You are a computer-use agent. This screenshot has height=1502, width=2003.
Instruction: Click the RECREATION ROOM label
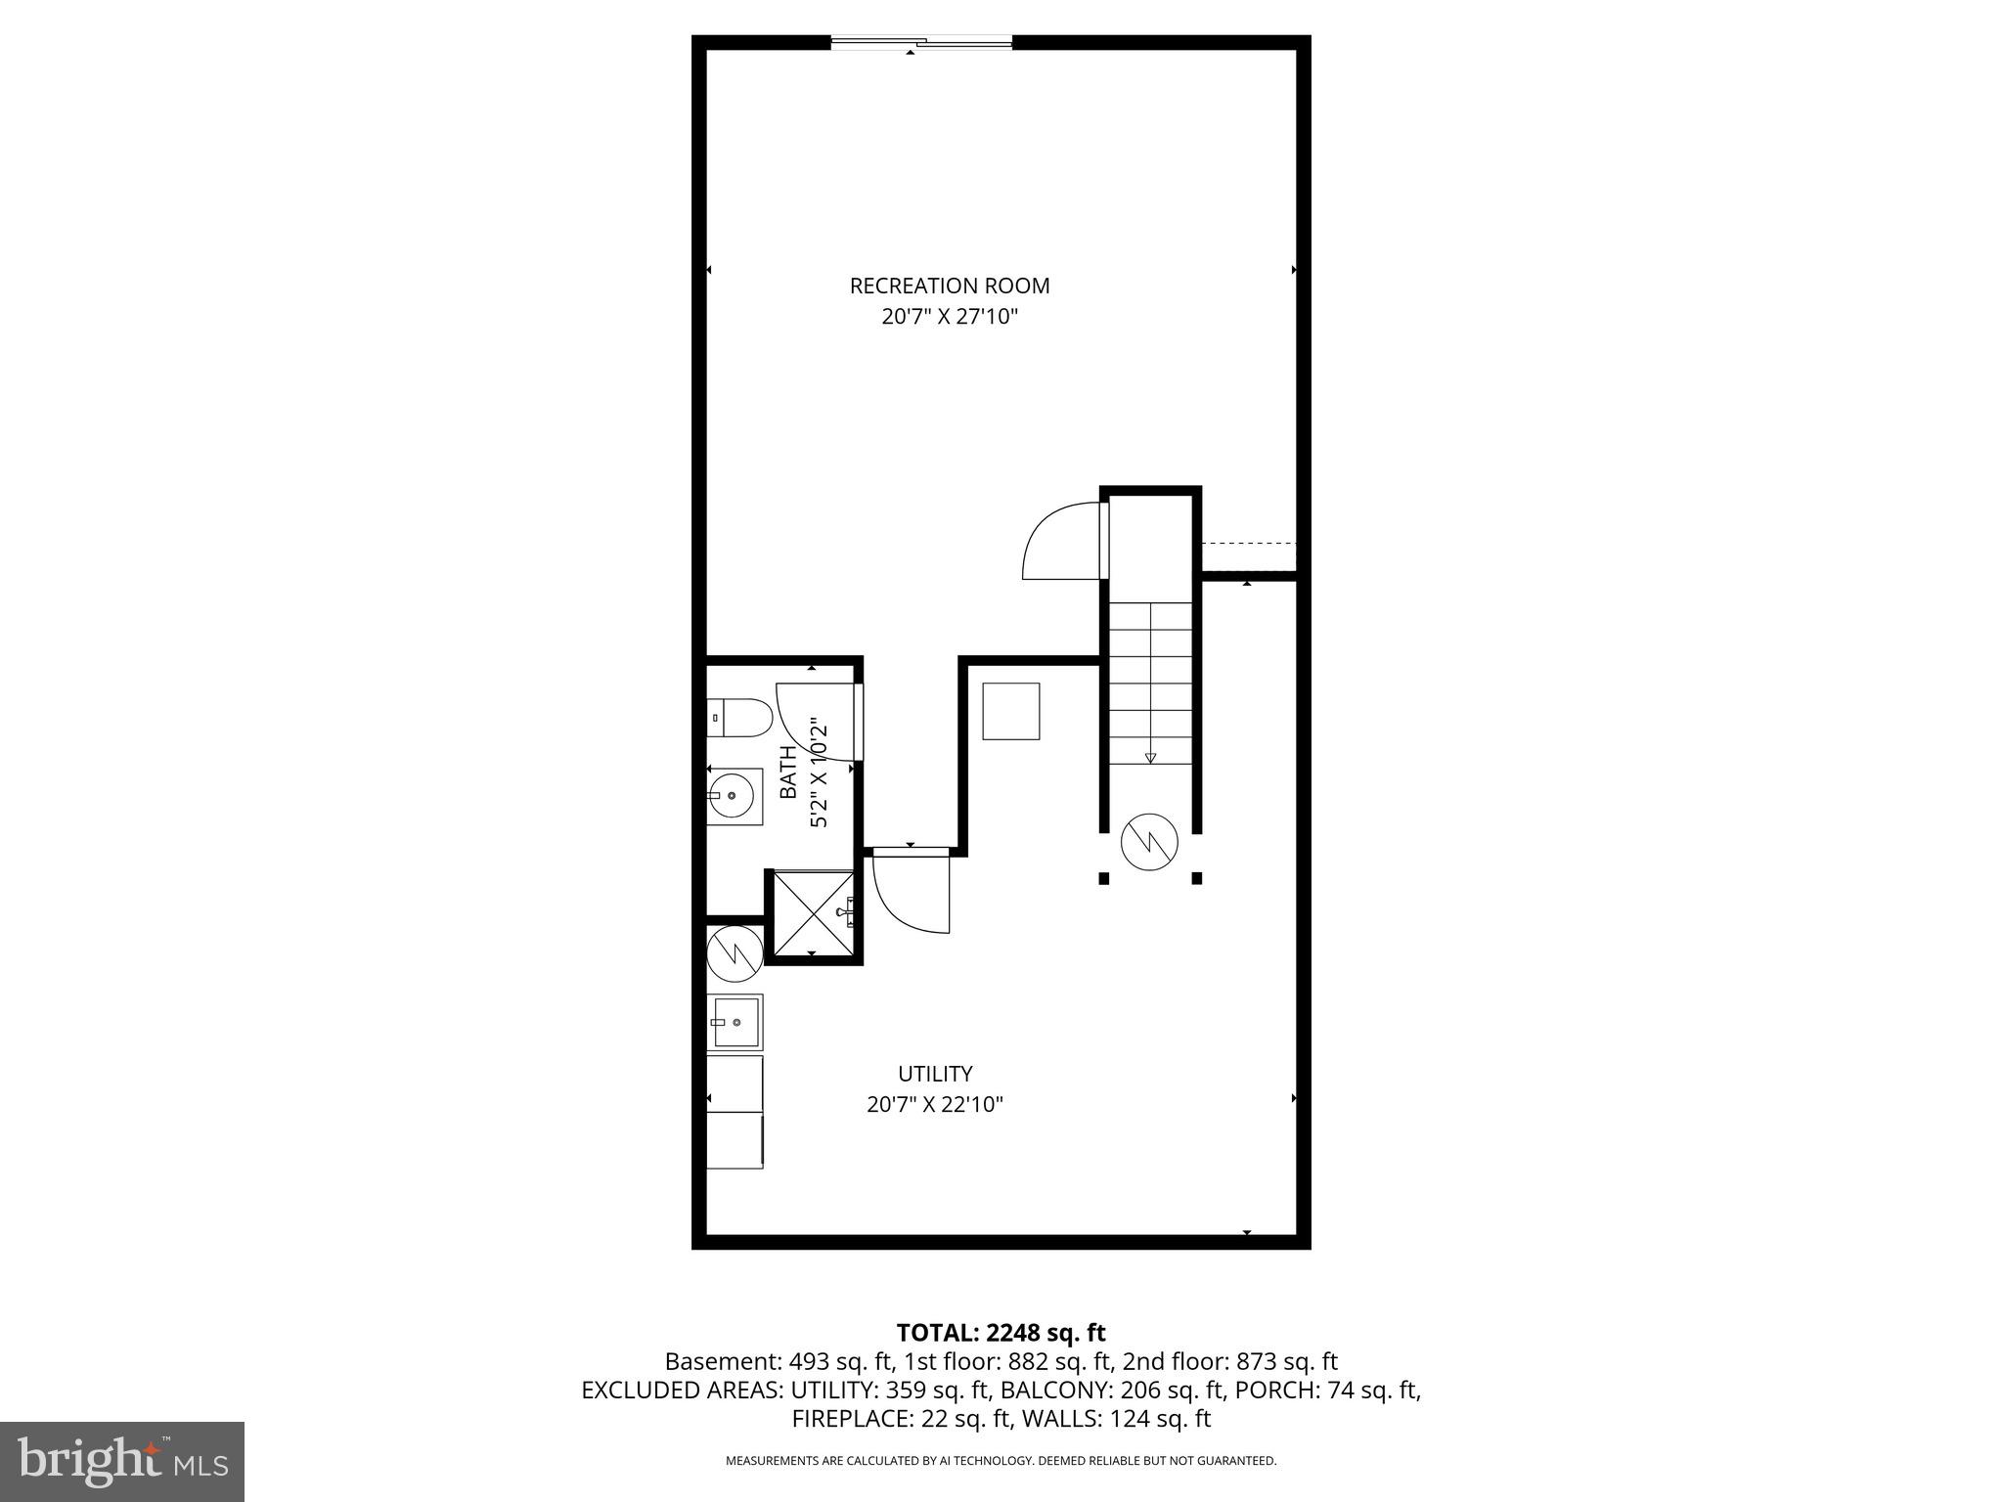point(949,286)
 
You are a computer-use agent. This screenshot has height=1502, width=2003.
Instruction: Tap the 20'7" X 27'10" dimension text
point(949,317)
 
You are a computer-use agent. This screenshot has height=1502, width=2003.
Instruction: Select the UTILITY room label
point(935,1074)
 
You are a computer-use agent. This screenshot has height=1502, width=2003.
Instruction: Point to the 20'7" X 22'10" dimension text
point(935,1105)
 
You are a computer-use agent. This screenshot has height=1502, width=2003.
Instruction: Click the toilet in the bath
point(740,718)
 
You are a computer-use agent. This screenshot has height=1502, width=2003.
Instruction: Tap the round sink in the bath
point(733,796)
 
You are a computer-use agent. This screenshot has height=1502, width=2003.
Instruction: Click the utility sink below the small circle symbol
point(734,1022)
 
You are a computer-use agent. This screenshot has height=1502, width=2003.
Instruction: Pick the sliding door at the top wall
point(920,42)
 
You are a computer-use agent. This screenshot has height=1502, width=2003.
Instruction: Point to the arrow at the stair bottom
point(1150,756)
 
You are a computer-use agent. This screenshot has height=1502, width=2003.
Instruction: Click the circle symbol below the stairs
point(1149,841)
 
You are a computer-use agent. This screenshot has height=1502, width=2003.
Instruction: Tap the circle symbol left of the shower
point(734,952)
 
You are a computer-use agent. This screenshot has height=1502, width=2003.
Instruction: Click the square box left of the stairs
point(1010,711)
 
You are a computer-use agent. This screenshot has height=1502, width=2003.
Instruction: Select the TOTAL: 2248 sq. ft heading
point(1001,1333)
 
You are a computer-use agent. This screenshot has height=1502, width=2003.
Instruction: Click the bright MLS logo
point(121,1461)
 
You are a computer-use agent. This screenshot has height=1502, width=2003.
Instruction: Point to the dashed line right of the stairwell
point(1248,543)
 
